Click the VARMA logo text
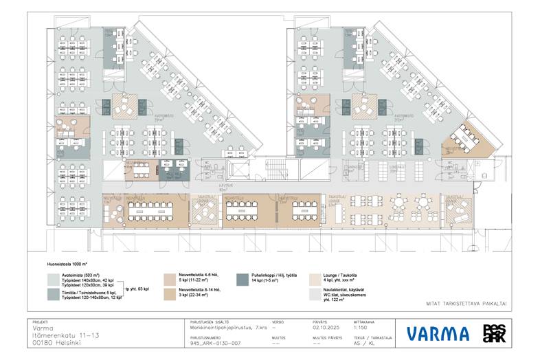(x=438, y=335)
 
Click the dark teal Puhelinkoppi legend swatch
(x=241, y=279)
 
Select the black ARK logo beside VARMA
(x=493, y=334)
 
